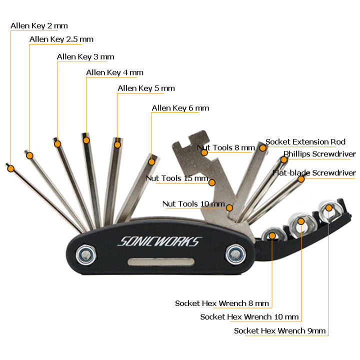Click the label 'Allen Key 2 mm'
[x=39, y=26]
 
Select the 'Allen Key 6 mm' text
[x=180, y=108]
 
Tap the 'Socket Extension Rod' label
[x=305, y=142]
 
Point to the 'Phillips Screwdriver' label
[x=319, y=154]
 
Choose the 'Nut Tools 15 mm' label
[x=176, y=178]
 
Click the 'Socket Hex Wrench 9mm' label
[x=279, y=330]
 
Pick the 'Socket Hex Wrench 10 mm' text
[x=249, y=316]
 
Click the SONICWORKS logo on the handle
[x=158, y=241]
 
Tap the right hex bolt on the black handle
[x=233, y=255]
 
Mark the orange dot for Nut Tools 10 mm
[x=229, y=207]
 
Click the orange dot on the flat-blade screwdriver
[x=301, y=179]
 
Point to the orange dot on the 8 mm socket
[x=272, y=235]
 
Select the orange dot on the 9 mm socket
[x=328, y=207]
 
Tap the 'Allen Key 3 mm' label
[x=85, y=57]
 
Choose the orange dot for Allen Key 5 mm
[x=117, y=145]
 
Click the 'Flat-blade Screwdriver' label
[x=314, y=173]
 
